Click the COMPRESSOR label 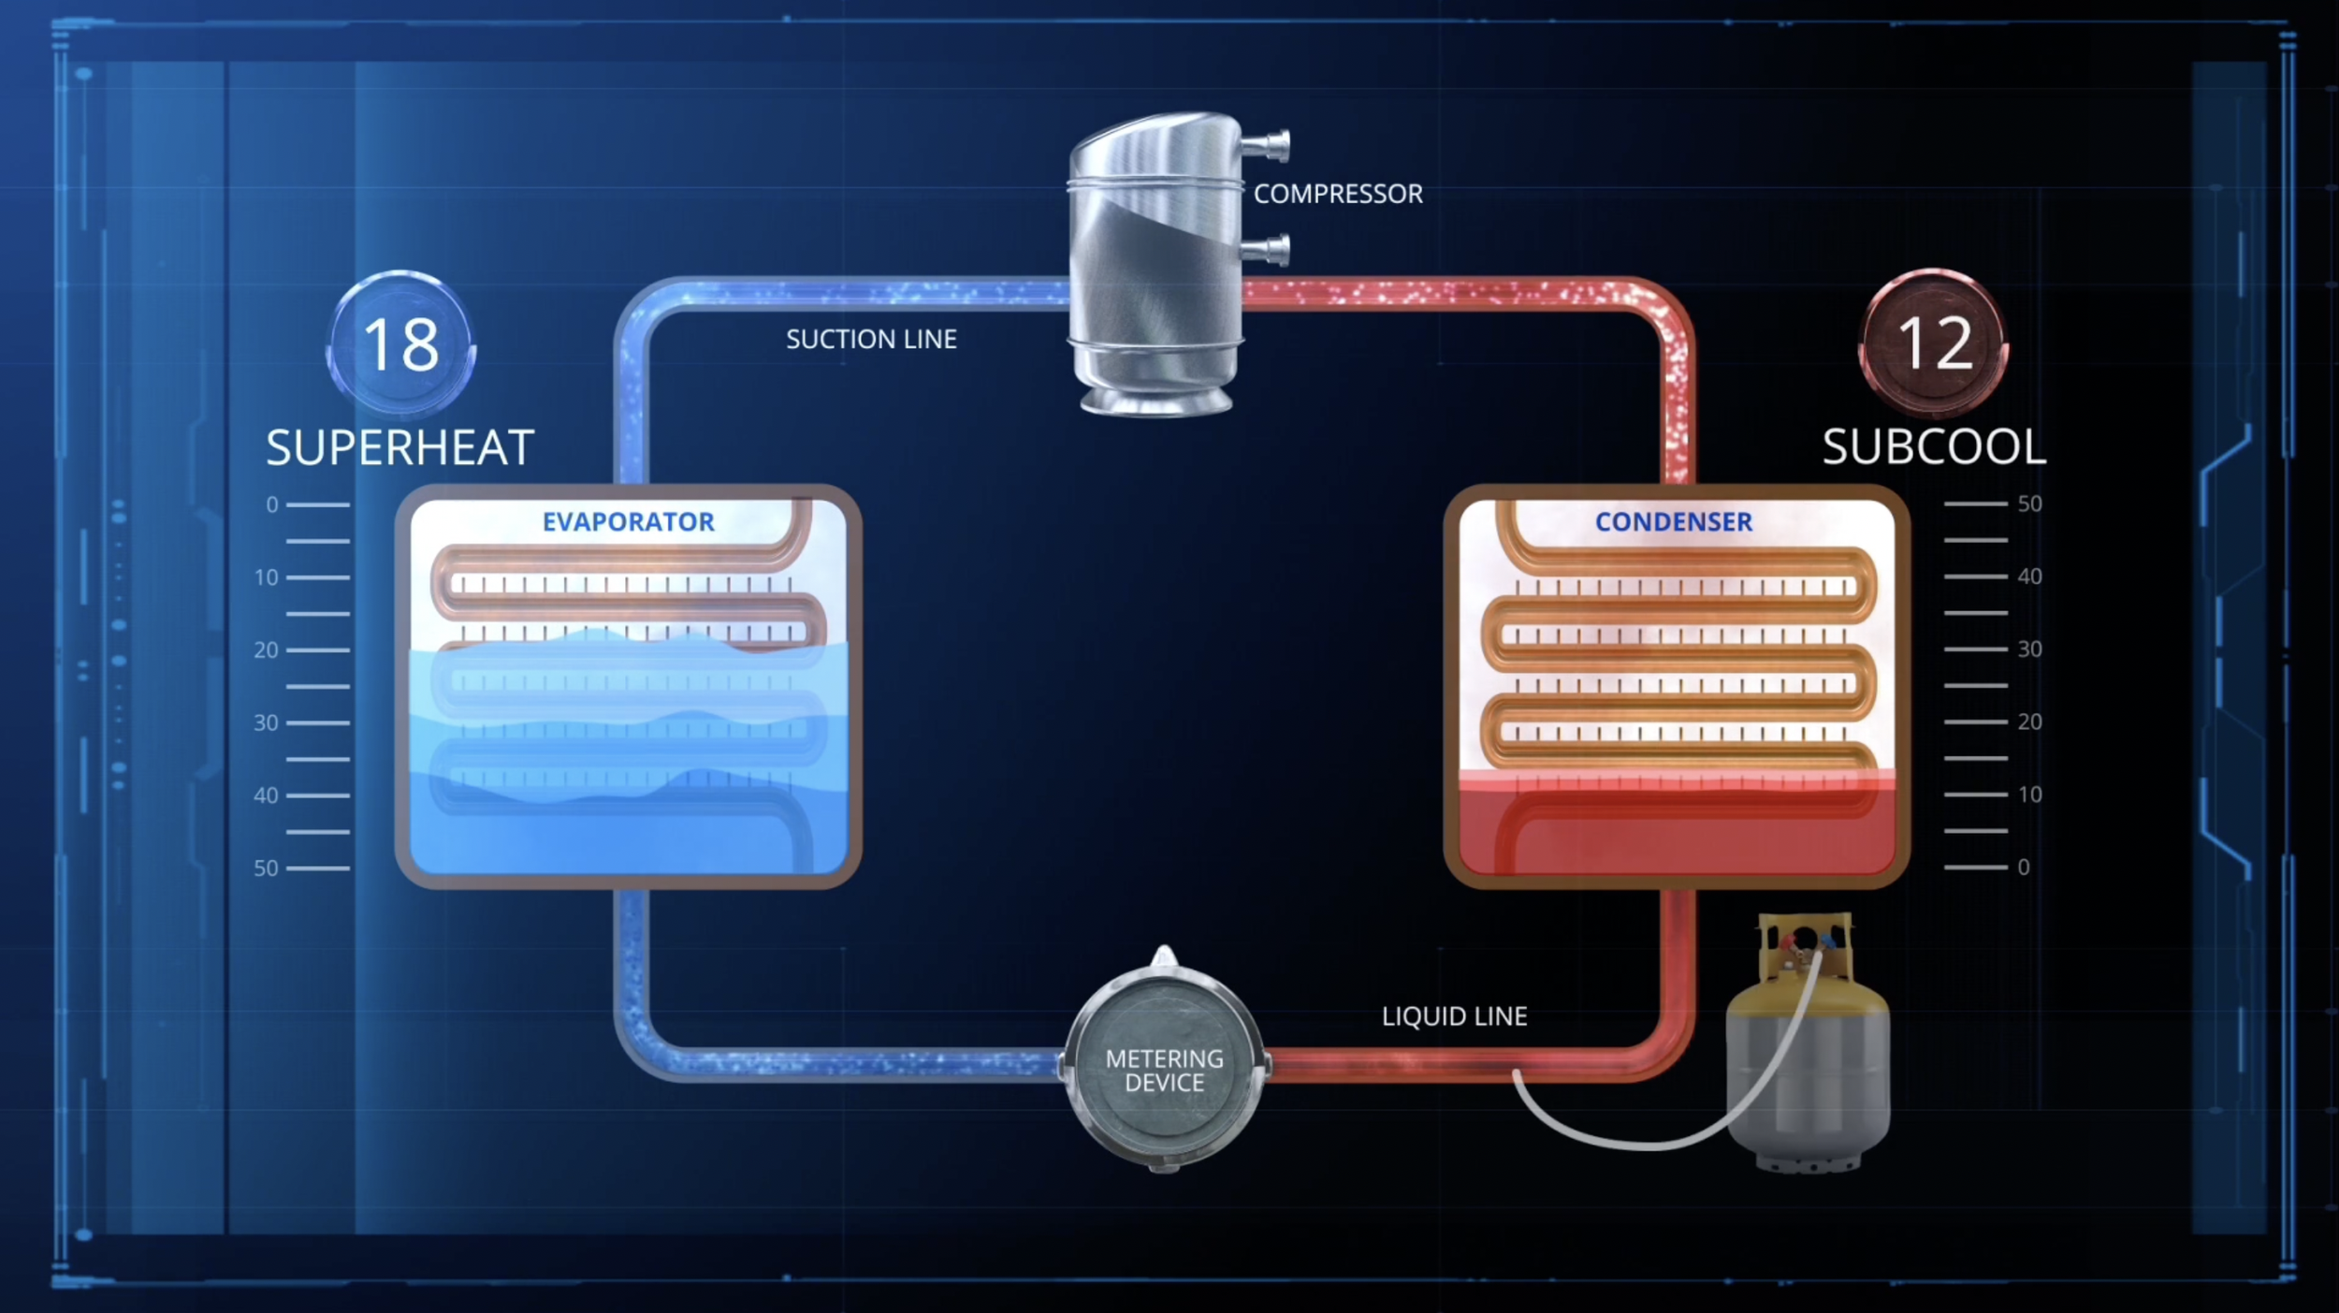pyautogui.click(x=1338, y=194)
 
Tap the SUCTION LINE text pyautogui.click(x=871, y=339)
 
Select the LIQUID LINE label pyautogui.click(x=1454, y=1016)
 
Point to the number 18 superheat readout pyautogui.click(x=400, y=344)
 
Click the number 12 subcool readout pyautogui.click(x=1934, y=343)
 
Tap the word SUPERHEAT pyautogui.click(x=400, y=447)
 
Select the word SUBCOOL pyautogui.click(x=1934, y=446)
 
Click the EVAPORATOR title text pyautogui.click(x=628, y=521)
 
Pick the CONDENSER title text pyautogui.click(x=1673, y=521)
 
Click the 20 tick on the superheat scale pyautogui.click(x=317, y=649)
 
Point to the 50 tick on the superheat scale pyautogui.click(x=317, y=868)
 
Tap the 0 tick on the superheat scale pyautogui.click(x=317, y=504)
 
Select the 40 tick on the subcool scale pyautogui.click(x=1976, y=576)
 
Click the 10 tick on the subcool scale pyautogui.click(x=1976, y=795)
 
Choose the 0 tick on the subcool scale pyautogui.click(x=1976, y=868)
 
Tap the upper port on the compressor pyautogui.click(x=1267, y=146)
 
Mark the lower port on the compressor pyautogui.click(x=1267, y=250)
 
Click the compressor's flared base pyautogui.click(x=1156, y=401)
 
